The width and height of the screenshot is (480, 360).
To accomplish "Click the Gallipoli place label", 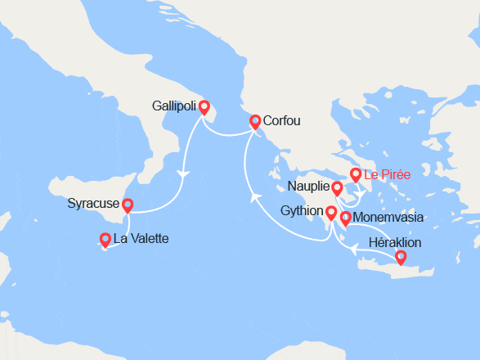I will pos(174,106).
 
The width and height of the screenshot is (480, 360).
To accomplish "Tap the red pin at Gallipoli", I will pos(204,106).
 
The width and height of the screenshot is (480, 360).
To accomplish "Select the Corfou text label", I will pos(282,121).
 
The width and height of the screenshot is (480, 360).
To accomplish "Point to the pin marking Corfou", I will pos(255,121).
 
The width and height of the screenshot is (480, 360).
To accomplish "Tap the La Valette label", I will pos(141,239).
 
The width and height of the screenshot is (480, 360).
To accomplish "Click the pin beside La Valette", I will pos(105,239).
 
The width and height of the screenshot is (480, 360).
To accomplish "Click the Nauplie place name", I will pos(308,187).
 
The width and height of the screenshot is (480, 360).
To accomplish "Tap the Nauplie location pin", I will pos(337,189).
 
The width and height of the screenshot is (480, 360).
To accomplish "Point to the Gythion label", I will pos(302,213).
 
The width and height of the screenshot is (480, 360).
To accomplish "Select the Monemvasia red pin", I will pos(345,218).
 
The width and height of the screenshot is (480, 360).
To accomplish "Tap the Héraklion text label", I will pos(395,243).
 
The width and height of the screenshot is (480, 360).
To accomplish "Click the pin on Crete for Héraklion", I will pos(401,257).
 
